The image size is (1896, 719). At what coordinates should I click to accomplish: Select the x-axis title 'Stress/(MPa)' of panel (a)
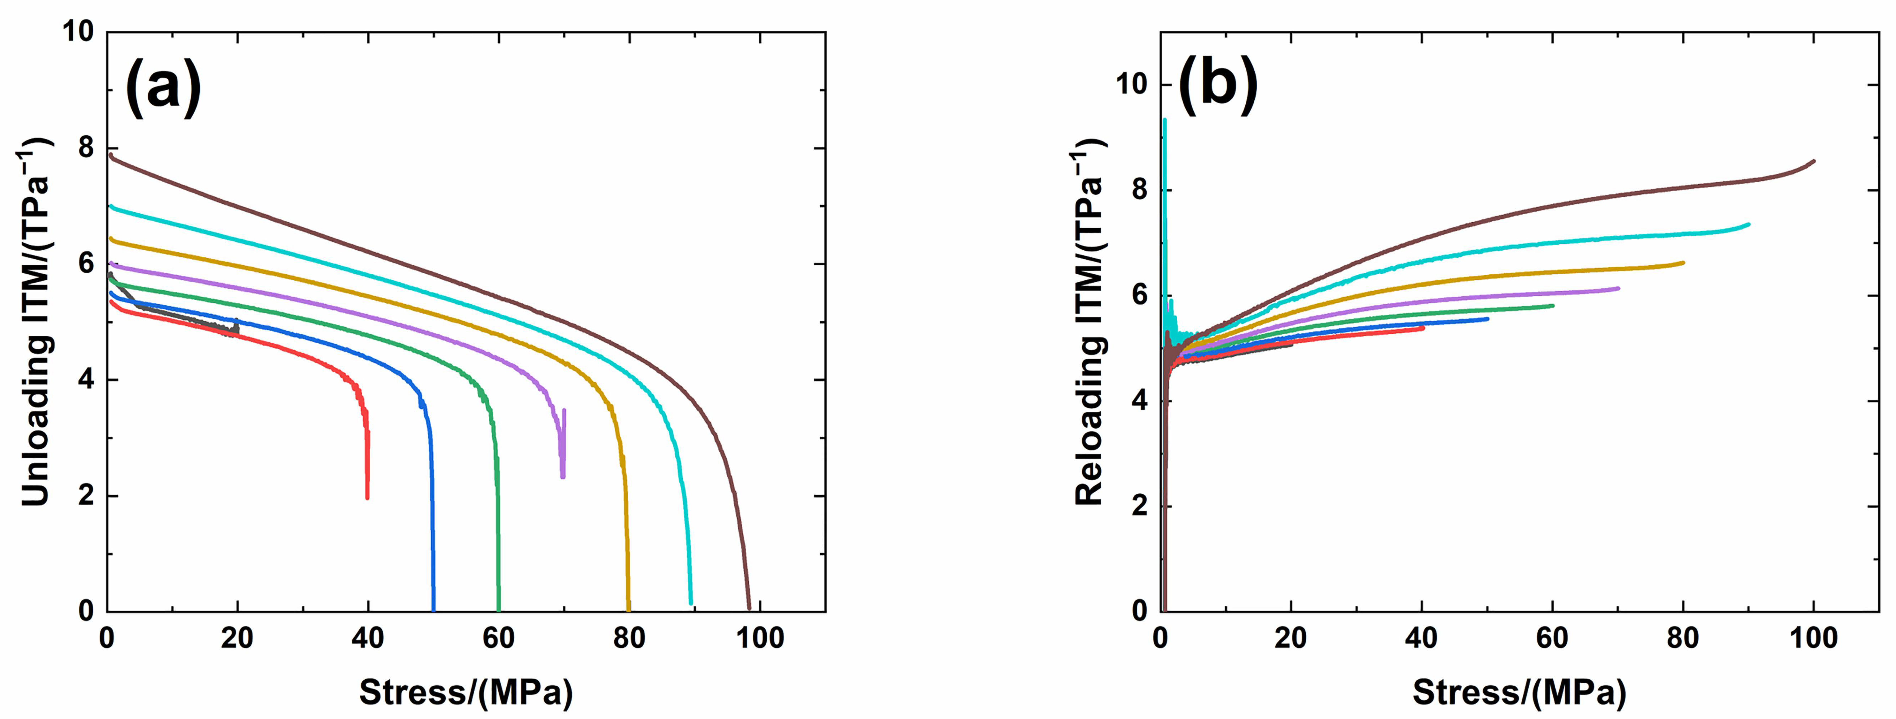pos(466,692)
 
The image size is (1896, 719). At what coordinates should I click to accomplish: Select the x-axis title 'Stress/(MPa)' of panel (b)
pos(1519,692)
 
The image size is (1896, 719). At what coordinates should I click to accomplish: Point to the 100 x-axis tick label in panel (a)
pos(760,637)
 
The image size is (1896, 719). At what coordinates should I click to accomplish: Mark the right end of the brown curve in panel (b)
pos(1814,161)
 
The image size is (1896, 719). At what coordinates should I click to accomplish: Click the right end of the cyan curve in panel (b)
pos(1748,224)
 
